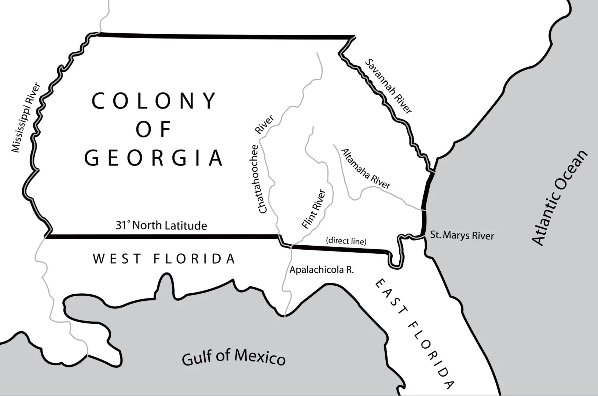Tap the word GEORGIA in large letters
[x=154, y=158]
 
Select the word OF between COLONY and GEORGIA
[x=154, y=129]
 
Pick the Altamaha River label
[x=366, y=169]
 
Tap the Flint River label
[x=314, y=209]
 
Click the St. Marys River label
[x=462, y=235]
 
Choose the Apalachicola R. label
[x=322, y=270]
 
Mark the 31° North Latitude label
[x=161, y=225]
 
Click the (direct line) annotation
[x=346, y=241]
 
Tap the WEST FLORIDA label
[x=164, y=259]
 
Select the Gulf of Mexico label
[x=234, y=357]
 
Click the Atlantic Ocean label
[x=560, y=198]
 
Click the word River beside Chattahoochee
[x=265, y=125]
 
